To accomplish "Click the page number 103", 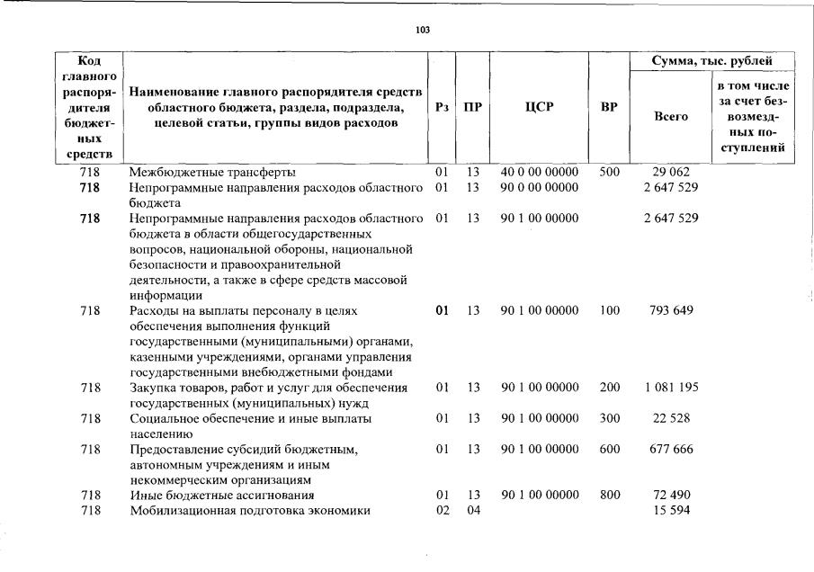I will [x=423, y=30].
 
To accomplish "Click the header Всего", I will [x=670, y=117].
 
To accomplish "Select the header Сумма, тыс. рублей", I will [x=715, y=61].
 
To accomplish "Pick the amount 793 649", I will [x=668, y=311].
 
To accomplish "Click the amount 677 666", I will [x=668, y=449].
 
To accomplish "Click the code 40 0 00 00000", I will [x=540, y=172].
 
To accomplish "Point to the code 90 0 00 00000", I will [x=540, y=187].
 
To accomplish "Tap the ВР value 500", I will [x=609, y=172].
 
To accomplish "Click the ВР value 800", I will [x=609, y=495].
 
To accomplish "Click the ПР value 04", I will [x=473, y=511].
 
